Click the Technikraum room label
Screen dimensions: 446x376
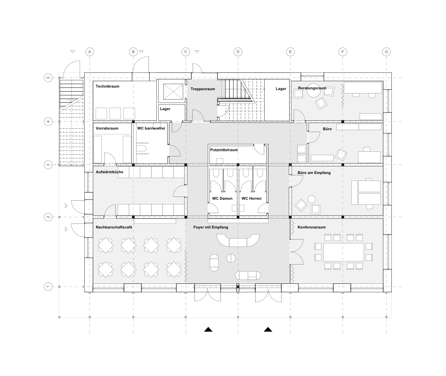[x=107, y=86]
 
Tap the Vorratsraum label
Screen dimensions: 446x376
[x=107, y=128]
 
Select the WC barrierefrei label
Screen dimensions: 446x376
[x=151, y=128]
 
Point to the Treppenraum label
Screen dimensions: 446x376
[x=203, y=89]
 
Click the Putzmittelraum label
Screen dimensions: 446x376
[x=224, y=150]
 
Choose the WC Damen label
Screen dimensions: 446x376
[x=222, y=198]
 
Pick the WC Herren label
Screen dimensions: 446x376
[x=251, y=198]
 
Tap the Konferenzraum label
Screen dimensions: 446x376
[x=311, y=227]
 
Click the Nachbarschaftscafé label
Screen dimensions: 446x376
[x=114, y=227]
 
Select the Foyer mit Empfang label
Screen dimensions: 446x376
[x=211, y=227]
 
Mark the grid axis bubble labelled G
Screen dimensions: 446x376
[x=386, y=52]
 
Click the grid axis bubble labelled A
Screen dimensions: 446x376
[x=89, y=52]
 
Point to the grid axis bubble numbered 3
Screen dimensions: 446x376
[x=48, y=165]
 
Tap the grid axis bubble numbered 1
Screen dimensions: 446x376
[x=48, y=287]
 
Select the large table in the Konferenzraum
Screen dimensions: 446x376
[x=343, y=252]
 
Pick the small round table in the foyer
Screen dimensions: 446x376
[x=231, y=258]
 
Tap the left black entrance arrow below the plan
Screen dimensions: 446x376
[x=208, y=329]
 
